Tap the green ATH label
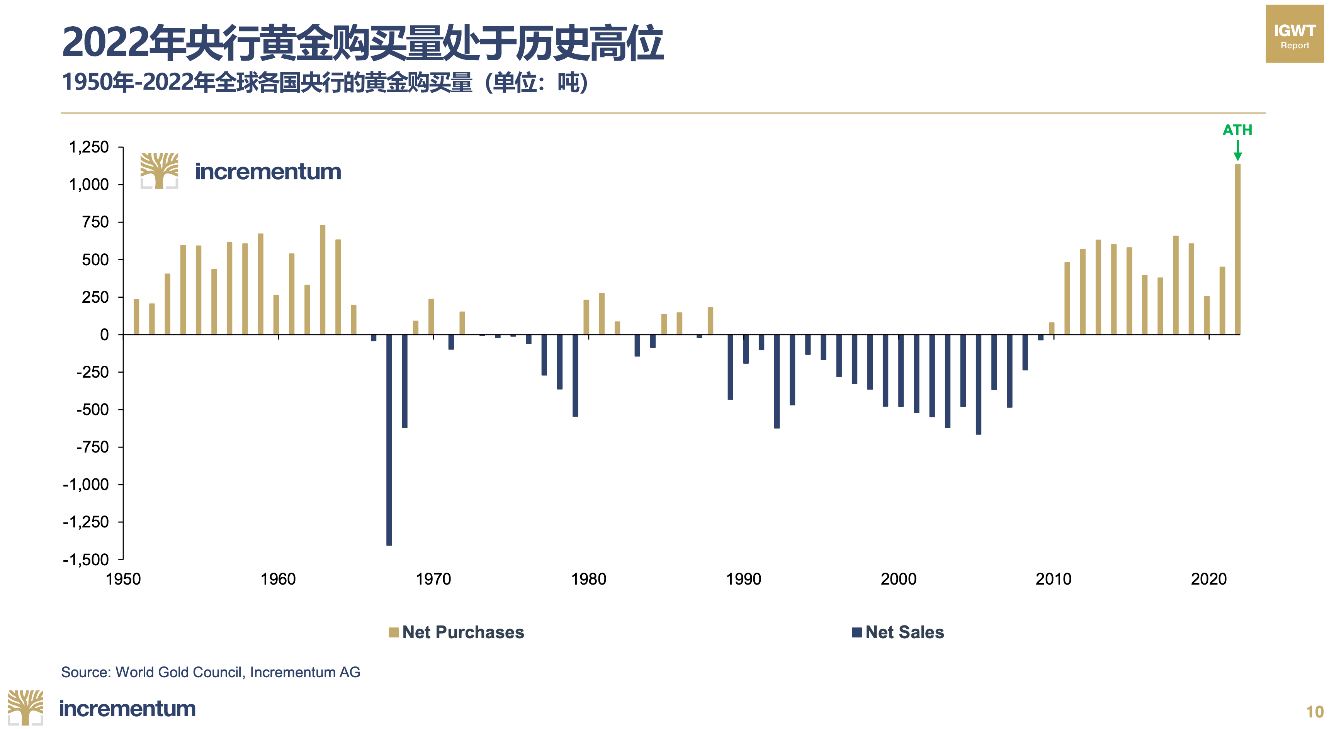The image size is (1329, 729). pyautogui.click(x=1237, y=130)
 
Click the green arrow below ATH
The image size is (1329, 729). pyautogui.click(x=1237, y=151)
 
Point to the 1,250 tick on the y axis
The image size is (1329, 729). pyautogui.click(x=89, y=147)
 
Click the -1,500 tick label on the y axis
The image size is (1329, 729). pyautogui.click(x=86, y=559)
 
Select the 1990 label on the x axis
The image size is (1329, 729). pyautogui.click(x=743, y=579)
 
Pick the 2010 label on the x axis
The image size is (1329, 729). pyautogui.click(x=1054, y=579)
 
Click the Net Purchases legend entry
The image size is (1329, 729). pyautogui.click(x=457, y=632)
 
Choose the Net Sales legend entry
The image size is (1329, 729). pyautogui.click(x=898, y=632)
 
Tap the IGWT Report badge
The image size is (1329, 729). pyautogui.click(x=1295, y=34)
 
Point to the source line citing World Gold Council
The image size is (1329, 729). pyautogui.click(x=211, y=672)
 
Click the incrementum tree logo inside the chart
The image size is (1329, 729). pyautogui.click(x=160, y=171)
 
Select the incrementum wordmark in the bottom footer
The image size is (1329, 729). pyautogui.click(x=127, y=709)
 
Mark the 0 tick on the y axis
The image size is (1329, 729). pyautogui.click(x=104, y=335)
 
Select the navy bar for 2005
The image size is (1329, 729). pyautogui.click(x=978, y=385)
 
